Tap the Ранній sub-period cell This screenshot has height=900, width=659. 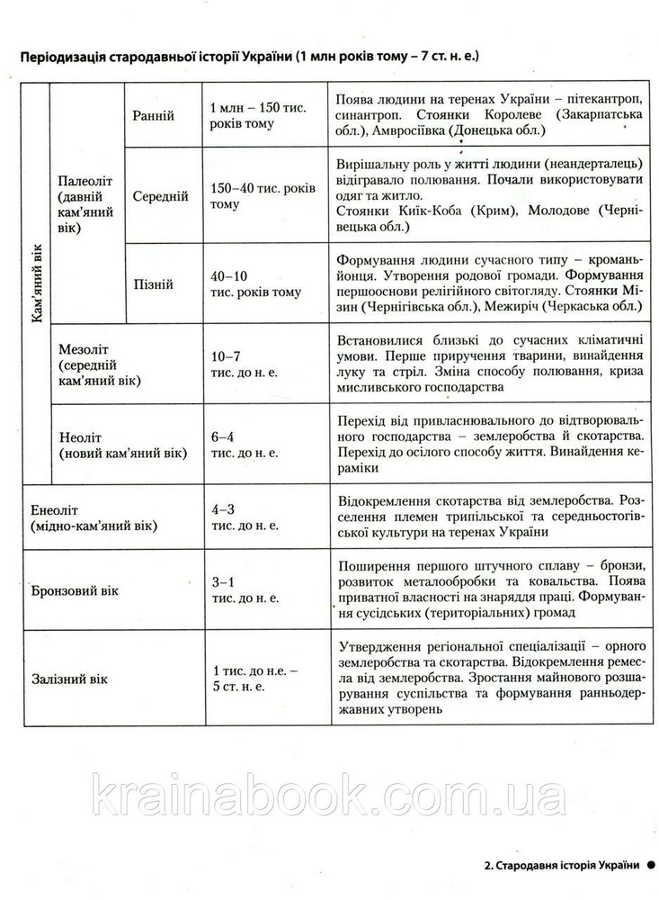154,116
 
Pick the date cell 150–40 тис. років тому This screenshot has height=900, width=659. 262,196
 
